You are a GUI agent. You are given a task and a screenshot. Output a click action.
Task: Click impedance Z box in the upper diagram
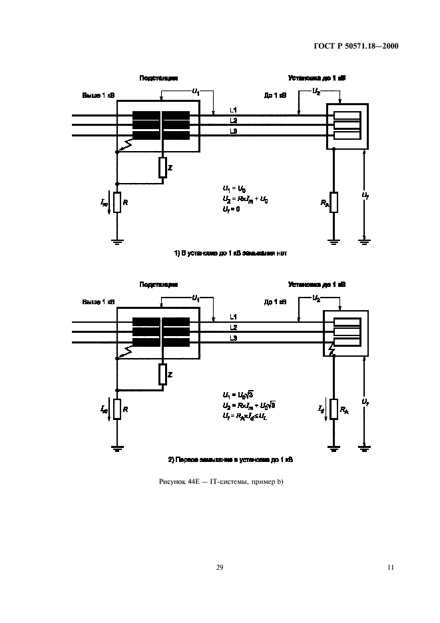click(162, 168)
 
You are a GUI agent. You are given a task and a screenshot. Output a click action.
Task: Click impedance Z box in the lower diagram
click(162, 375)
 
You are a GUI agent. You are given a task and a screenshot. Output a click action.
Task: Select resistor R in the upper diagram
click(116, 202)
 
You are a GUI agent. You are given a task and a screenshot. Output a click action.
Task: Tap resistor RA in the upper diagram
click(333, 202)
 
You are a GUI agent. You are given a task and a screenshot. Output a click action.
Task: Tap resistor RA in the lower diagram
click(333, 409)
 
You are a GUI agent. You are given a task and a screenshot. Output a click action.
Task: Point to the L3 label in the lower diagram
click(234, 339)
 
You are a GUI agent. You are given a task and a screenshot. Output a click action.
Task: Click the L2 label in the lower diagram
click(234, 327)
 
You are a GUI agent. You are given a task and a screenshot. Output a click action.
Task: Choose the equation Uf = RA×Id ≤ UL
click(247, 416)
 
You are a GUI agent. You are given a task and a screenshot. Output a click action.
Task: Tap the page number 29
click(220, 567)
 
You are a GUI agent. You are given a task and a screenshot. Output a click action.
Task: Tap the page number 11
click(390, 567)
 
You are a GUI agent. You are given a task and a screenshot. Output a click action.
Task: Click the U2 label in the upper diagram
click(316, 91)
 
